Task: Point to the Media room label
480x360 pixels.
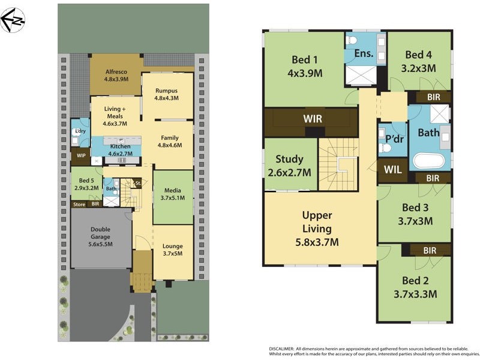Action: (x=173, y=194)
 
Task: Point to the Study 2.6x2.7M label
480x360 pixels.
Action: (x=289, y=166)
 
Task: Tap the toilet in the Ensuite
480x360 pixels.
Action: (x=353, y=40)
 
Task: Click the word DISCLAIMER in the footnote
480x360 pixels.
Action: (x=281, y=349)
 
